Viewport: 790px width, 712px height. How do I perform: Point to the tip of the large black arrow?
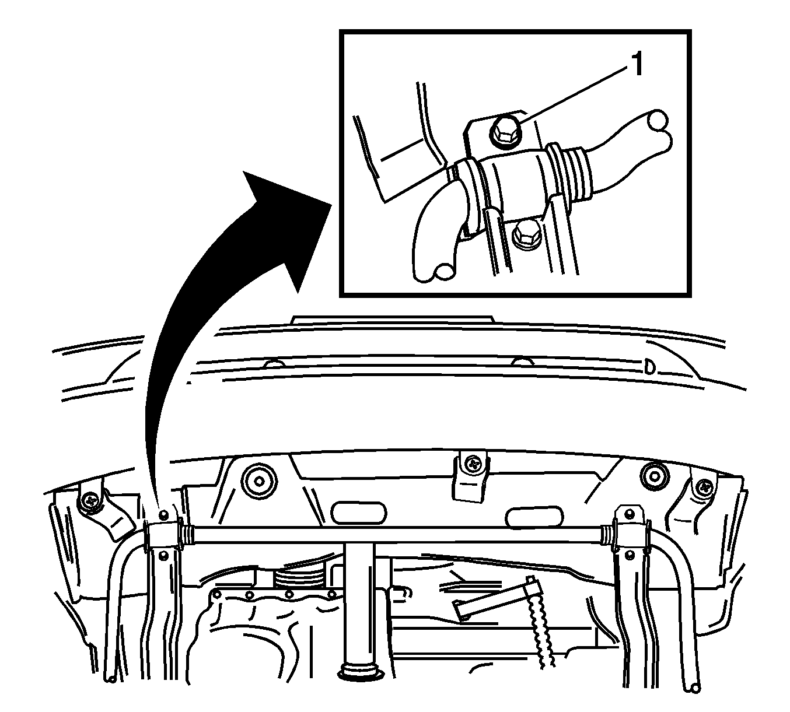[x=331, y=205]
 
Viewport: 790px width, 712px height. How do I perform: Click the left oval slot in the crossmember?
[x=358, y=513]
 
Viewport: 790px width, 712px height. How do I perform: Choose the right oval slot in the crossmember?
[x=534, y=517]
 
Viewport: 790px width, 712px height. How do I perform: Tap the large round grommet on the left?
[x=259, y=480]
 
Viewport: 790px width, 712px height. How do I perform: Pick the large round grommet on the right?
[x=654, y=476]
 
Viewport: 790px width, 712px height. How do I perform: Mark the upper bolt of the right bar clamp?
[x=630, y=513]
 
